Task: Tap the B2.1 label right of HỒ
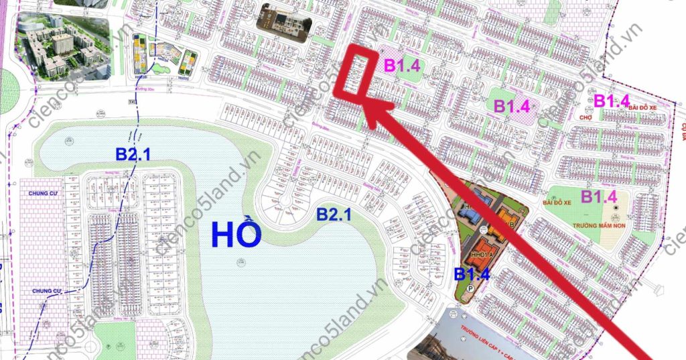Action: click(x=335, y=215)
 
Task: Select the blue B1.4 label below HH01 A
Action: click(x=473, y=274)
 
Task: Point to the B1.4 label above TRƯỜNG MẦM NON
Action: click(x=598, y=196)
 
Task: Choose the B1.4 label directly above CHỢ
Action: click(x=612, y=101)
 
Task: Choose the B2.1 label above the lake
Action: click(x=133, y=154)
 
